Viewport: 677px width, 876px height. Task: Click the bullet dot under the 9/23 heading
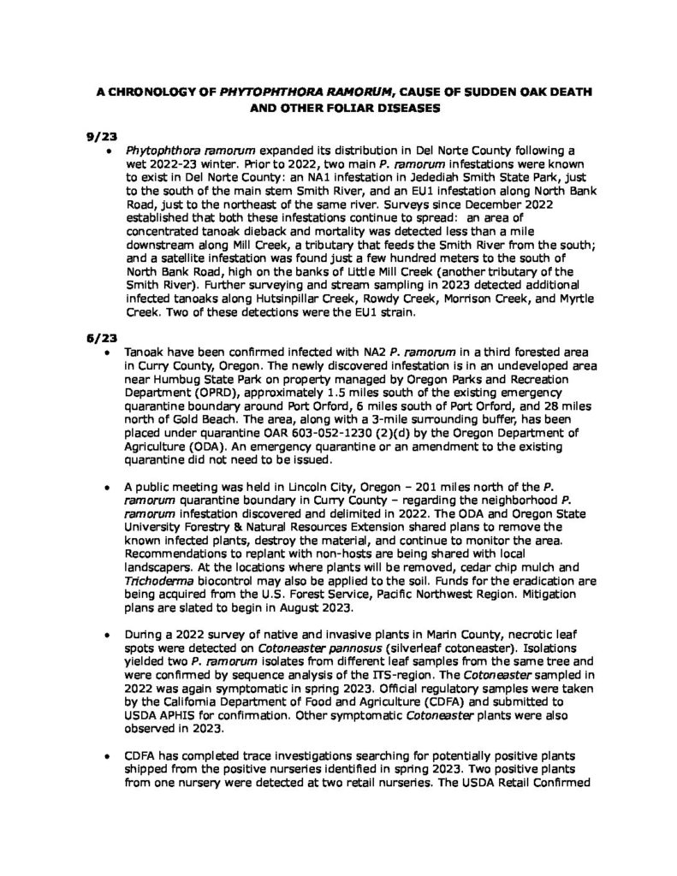coord(108,150)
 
